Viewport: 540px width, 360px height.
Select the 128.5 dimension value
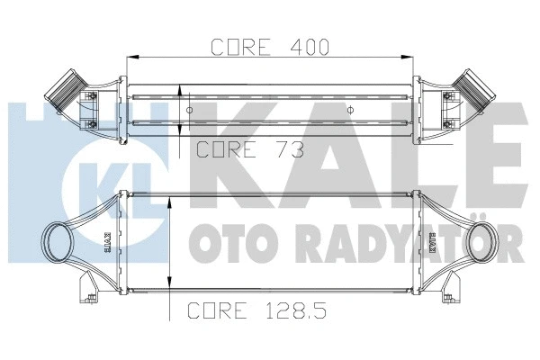[295, 311]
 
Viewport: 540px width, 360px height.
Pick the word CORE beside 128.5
[218, 311]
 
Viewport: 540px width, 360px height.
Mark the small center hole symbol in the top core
[350, 110]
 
